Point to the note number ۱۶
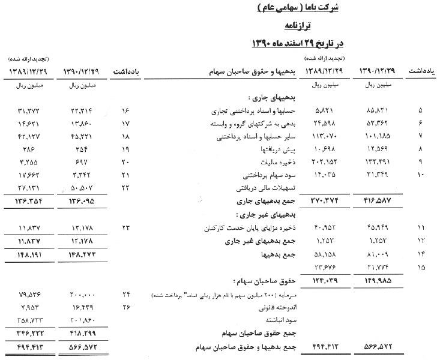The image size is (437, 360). [126, 111]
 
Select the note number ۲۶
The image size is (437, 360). [126, 307]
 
